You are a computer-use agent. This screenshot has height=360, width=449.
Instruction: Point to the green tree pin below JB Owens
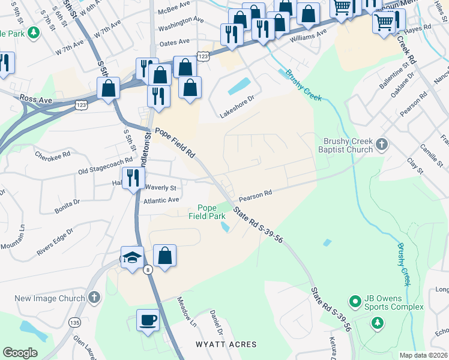[377, 323]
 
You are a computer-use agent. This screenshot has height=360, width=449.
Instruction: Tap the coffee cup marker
[148, 320]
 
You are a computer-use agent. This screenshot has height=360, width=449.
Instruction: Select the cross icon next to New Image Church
[94, 298]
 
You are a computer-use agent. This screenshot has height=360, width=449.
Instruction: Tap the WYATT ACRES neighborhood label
[226, 344]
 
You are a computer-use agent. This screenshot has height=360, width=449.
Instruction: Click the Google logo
[20, 353]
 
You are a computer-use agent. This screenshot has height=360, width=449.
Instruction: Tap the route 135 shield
[74, 322]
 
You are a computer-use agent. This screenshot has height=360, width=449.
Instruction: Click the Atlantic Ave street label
[161, 200]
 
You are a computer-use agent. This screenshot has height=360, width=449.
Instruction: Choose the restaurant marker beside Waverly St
[133, 178]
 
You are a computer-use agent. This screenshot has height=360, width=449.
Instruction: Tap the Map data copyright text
[423, 355]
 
